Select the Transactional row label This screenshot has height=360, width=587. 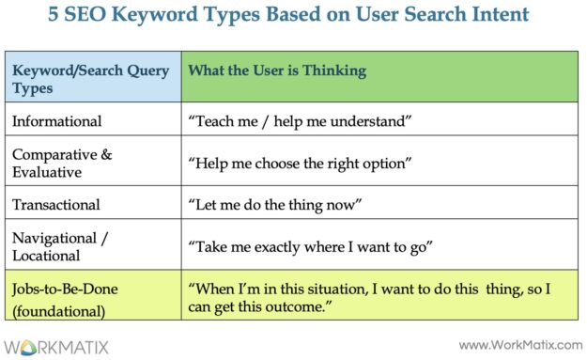click(x=55, y=203)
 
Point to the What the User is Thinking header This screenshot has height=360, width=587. click(x=277, y=70)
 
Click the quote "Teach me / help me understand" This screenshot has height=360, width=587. click(x=301, y=121)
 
